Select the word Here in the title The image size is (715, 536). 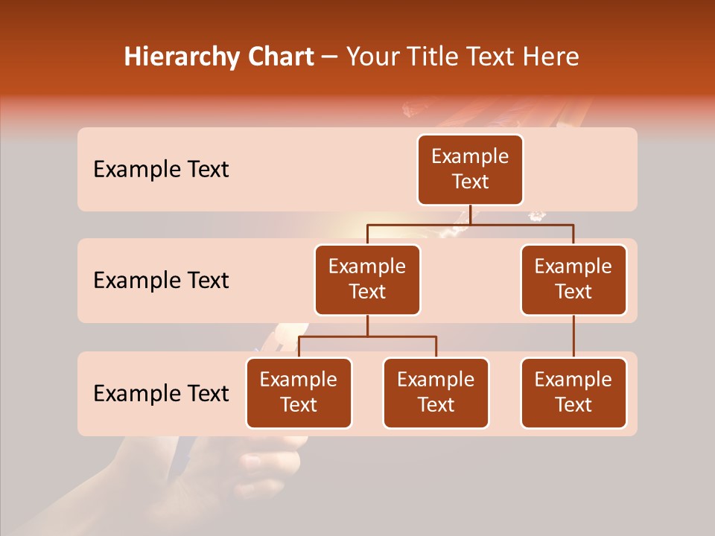pos(550,57)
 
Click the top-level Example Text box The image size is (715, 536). pos(470,169)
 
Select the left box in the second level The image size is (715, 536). pos(367,279)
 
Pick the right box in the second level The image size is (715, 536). pos(573,279)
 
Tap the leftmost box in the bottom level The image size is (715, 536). pos(299,392)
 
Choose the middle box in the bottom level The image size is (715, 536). pos(436,392)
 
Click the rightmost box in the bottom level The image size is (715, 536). pos(573,392)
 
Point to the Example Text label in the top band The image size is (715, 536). pos(161,170)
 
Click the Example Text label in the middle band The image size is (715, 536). pos(161,281)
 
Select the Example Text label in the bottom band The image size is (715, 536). pos(161,393)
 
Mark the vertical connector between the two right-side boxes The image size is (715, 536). pos(573,336)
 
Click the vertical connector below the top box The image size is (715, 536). pos(470,214)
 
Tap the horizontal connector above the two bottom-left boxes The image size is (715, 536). pos(367,336)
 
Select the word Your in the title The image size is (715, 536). pos(371,57)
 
